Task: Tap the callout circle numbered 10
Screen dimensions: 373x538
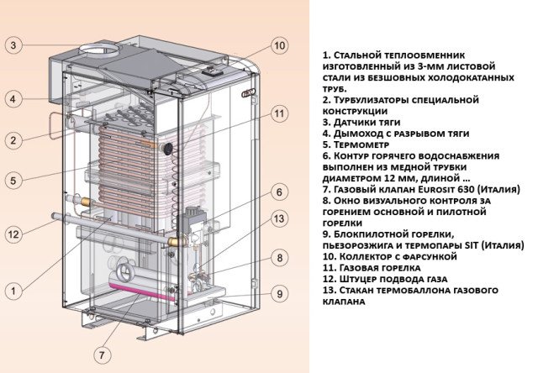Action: (280, 45)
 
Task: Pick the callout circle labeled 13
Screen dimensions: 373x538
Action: (280, 219)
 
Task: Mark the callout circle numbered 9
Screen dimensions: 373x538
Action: (280, 293)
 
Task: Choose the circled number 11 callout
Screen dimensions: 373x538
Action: (280, 113)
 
